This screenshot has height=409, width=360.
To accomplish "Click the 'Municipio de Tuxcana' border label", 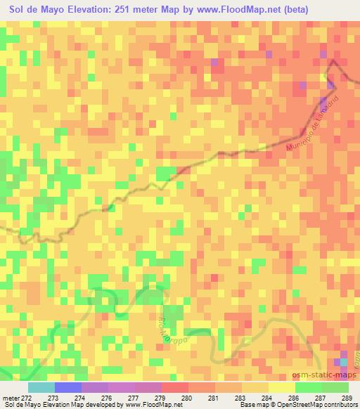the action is (314, 126).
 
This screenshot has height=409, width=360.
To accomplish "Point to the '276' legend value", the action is (107, 397).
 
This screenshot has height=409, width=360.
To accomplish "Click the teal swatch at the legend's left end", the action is (41, 387).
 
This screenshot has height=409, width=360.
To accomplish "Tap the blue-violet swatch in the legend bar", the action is (68, 387).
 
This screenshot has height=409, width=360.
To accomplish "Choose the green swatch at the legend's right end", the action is (335, 387).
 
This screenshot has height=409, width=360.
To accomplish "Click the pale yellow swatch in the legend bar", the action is (282, 387).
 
